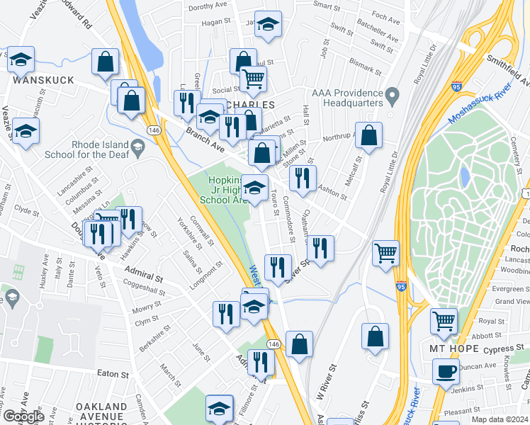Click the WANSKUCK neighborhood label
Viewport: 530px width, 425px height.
43,80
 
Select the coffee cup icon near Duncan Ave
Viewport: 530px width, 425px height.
446,370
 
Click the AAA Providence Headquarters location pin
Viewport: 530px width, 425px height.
391,94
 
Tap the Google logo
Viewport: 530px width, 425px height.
23,416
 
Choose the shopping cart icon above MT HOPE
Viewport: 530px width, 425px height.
444,320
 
